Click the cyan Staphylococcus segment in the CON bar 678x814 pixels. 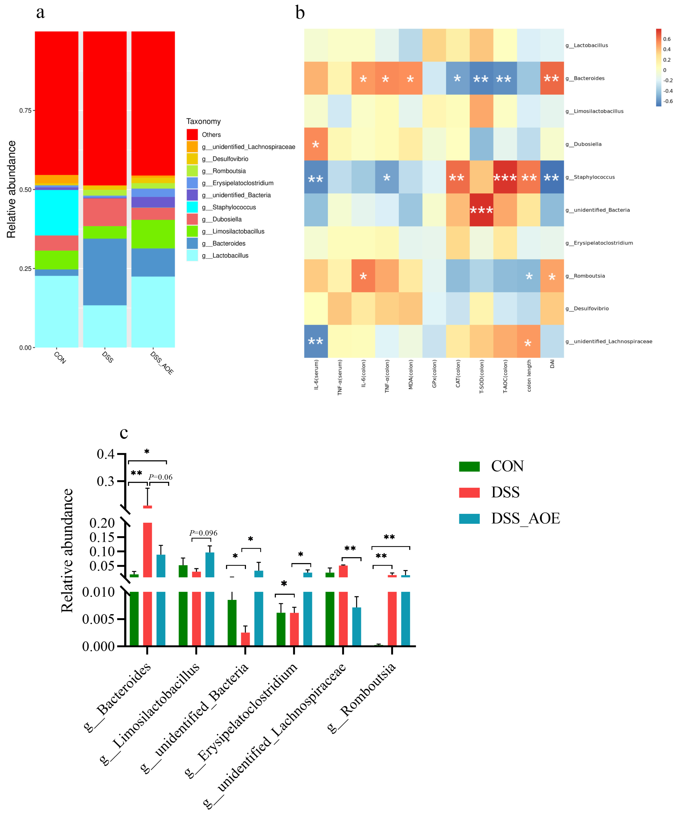click(57, 212)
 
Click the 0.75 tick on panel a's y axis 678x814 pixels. click(26, 110)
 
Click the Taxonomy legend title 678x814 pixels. click(203, 121)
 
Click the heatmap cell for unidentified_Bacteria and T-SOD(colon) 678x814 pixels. click(481, 210)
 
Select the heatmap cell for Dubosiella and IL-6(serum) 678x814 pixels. click(316, 144)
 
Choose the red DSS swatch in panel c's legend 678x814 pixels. click(469, 492)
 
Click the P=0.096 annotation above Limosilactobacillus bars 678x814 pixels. click(203, 533)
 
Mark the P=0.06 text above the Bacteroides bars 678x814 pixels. click(160, 477)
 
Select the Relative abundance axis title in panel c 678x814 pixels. click(67, 550)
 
